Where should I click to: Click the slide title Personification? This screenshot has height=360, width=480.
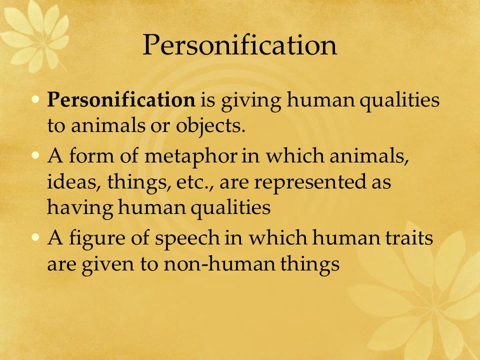(x=239, y=45)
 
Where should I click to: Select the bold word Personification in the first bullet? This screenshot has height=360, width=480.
(x=121, y=99)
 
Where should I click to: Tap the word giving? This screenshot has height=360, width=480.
(x=251, y=101)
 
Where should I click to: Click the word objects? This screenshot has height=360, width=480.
(x=210, y=126)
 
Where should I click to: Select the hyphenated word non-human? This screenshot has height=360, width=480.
(x=219, y=263)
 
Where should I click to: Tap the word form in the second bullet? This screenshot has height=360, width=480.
(x=91, y=155)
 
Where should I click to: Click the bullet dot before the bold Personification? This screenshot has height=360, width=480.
(x=35, y=99)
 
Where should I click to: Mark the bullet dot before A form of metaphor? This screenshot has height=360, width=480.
(x=35, y=155)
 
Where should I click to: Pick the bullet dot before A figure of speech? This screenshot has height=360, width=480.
(x=35, y=237)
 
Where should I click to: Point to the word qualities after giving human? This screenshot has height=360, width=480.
(x=399, y=101)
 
